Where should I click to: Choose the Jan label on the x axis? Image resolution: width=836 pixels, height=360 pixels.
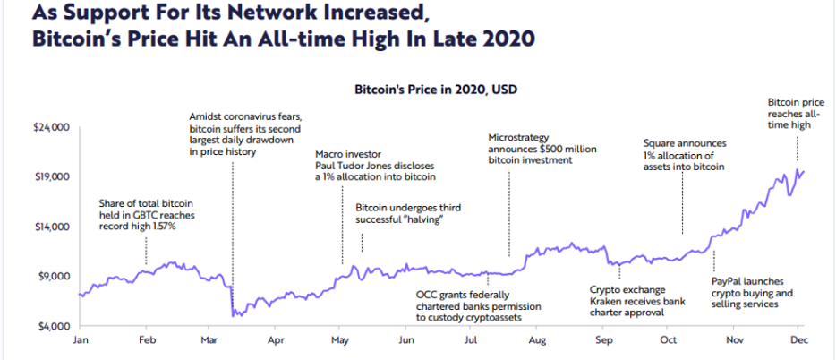[80, 340]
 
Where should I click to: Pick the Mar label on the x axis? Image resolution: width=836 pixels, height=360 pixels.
[211, 340]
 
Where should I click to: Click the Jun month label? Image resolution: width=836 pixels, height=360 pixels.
[407, 340]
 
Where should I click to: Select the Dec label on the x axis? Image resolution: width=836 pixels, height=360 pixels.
[800, 340]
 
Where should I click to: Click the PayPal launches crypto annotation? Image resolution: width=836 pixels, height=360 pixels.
[752, 292]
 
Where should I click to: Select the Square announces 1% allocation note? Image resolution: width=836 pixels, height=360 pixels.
[685, 155]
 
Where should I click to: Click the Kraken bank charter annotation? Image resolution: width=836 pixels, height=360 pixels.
[637, 301]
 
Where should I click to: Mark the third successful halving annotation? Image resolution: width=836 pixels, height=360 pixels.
[407, 213]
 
